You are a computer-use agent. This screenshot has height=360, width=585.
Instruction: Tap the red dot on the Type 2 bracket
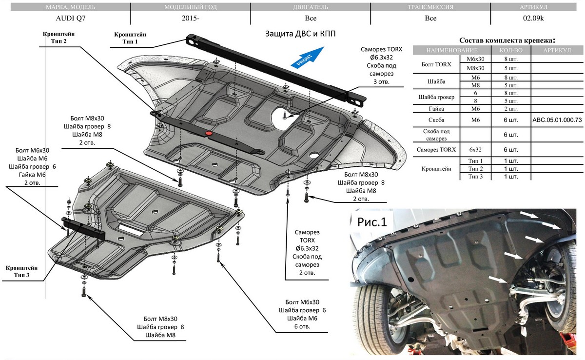tap(209, 133)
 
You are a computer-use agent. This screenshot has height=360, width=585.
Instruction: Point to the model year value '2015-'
tap(190, 19)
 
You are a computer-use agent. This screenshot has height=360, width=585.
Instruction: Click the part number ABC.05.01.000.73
tap(558, 120)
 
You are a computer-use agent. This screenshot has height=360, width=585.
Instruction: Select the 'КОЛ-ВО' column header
tap(511, 50)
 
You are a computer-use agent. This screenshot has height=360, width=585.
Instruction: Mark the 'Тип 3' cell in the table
tap(475, 176)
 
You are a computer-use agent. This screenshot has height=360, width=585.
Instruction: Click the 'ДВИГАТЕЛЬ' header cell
tap(310, 7)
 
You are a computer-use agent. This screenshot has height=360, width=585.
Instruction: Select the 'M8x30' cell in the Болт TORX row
tap(475, 68)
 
